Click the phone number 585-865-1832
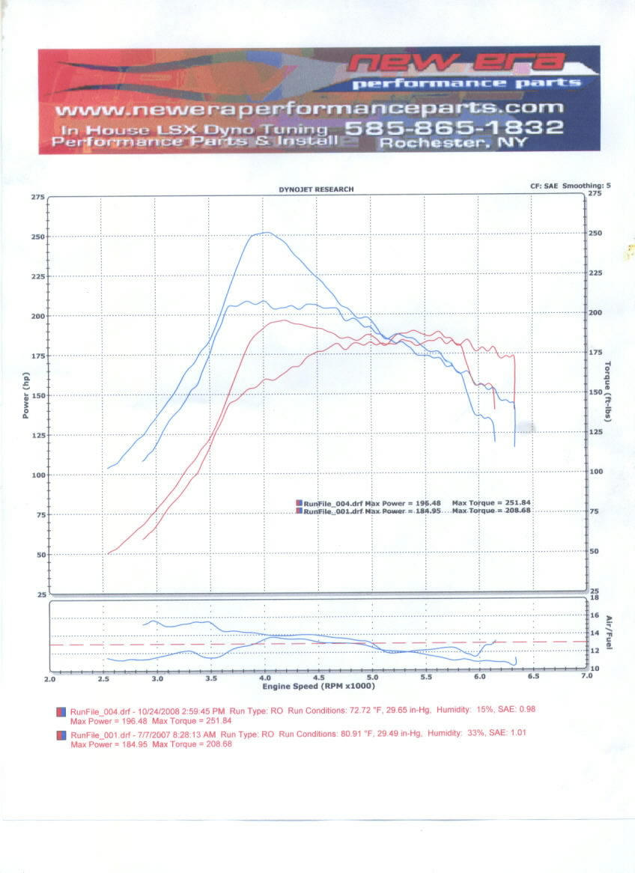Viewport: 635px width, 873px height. click(x=454, y=127)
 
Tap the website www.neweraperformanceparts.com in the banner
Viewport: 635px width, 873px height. click(x=309, y=109)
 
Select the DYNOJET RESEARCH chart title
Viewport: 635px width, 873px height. click(x=316, y=190)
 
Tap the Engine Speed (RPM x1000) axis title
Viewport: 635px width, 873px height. click(x=318, y=686)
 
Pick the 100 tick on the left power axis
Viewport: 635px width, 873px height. click(x=37, y=475)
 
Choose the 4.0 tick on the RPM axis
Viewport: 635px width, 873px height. click(x=265, y=677)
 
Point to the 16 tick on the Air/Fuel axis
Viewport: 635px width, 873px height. click(x=595, y=615)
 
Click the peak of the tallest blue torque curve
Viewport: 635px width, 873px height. click(x=267, y=232)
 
